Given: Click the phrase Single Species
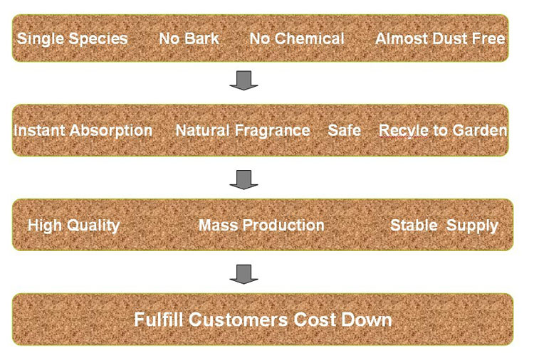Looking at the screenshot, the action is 72,39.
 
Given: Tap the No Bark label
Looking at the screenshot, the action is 189,38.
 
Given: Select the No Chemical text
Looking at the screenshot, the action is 297,38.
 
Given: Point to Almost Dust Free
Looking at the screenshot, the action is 440,38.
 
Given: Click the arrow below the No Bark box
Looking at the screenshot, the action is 244,80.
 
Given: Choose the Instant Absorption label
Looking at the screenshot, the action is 83,131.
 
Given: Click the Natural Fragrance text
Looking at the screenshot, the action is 243,131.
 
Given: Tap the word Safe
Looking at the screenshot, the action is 345,130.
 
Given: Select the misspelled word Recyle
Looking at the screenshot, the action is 403,131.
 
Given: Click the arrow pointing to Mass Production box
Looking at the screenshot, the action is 244,179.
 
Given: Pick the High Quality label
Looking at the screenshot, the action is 73,226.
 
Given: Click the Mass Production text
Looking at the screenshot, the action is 261,226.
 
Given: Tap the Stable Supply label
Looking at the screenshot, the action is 444,226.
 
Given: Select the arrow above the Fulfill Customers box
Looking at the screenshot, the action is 244,274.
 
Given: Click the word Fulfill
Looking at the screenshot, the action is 159,319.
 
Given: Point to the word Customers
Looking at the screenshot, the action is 239,320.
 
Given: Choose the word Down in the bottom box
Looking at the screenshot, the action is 367,320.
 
